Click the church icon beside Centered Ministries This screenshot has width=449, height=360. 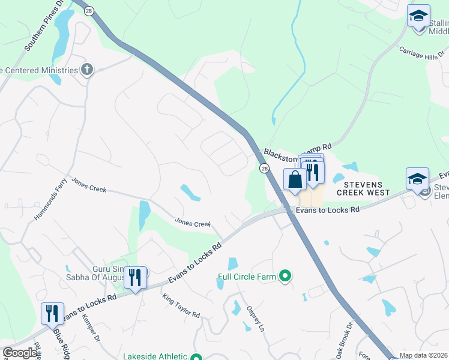pos(87,70)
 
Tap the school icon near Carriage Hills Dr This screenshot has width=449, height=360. pos(418,16)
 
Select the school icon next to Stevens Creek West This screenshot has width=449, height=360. pos(417,179)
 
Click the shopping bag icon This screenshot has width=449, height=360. pos(295,179)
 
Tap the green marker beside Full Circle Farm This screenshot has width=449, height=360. pos(285,277)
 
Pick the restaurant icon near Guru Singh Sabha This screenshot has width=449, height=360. pos(135,277)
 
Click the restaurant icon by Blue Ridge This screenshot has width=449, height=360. pos(52,313)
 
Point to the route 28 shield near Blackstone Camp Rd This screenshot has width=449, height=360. pos(264,169)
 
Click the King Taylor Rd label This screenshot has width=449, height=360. pos(180,305)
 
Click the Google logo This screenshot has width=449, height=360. pos(20,353)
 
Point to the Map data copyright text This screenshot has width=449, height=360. pos(423,355)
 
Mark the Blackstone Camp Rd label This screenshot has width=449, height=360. pos(298,152)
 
